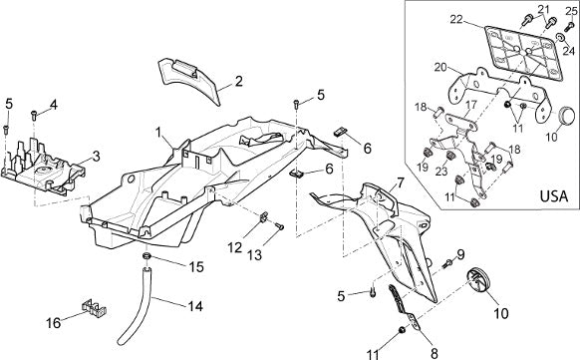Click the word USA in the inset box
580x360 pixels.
coord(554,195)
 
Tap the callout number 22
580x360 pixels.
coord(456,19)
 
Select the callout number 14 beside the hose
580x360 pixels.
coord(195,306)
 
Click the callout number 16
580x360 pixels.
coord(53,323)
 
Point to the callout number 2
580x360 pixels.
coord(239,81)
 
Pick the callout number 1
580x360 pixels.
coord(158,132)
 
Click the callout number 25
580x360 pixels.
coord(571,11)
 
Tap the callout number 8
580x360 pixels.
coord(434,352)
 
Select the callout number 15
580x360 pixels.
coord(196,267)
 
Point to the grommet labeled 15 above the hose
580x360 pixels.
coord(146,256)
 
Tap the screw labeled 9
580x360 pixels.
coord(447,264)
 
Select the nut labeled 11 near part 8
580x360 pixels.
coord(401,330)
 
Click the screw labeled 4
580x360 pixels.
coord(33,116)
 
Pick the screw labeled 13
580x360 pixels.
coord(280,226)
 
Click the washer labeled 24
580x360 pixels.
coord(560,37)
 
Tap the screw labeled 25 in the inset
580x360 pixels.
coord(569,27)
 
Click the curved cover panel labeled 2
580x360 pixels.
coord(190,81)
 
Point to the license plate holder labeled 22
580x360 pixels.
coord(524,53)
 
